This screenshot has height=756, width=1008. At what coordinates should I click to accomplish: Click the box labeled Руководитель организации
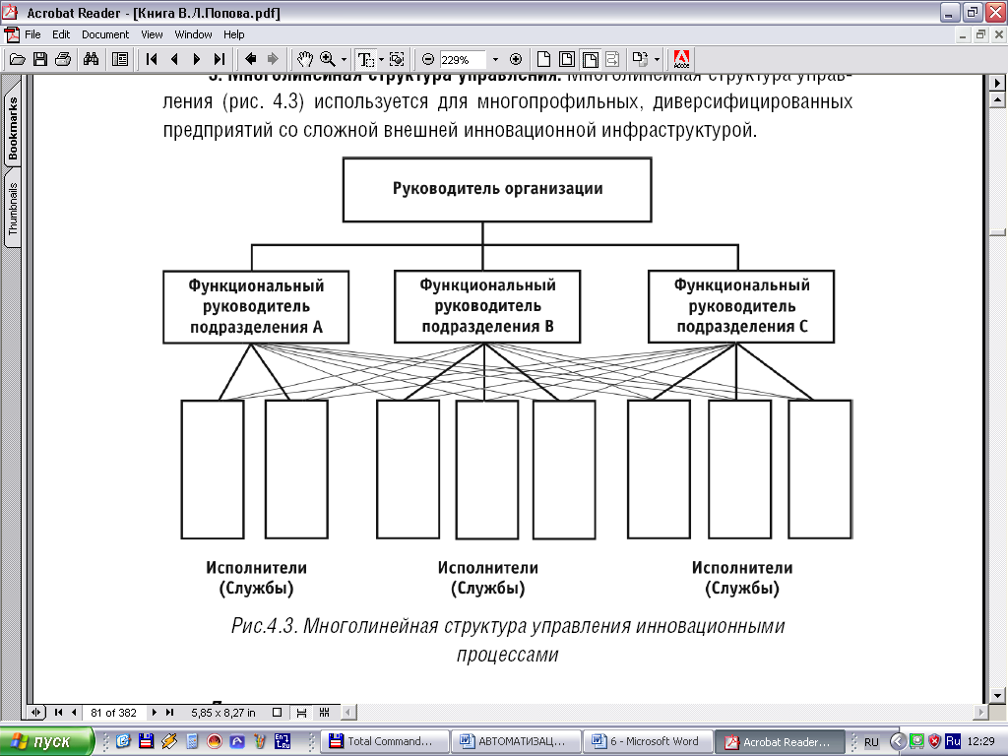[x=497, y=188]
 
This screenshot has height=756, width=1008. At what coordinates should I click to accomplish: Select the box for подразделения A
[x=256, y=306]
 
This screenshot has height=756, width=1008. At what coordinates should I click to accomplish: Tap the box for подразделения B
[x=487, y=306]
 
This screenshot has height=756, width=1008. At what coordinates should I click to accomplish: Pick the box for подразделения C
[x=741, y=306]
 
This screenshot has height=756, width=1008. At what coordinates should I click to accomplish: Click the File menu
[x=32, y=34]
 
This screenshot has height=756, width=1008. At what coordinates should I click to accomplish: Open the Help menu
[x=233, y=34]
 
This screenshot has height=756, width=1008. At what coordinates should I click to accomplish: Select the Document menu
[x=105, y=34]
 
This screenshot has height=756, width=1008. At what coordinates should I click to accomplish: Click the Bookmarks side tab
[x=14, y=129]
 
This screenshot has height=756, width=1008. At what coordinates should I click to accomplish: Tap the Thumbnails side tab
[x=14, y=208]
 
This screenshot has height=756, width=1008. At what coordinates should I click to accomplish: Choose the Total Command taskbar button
[x=382, y=741]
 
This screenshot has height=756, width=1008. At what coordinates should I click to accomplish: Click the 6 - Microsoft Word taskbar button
[x=646, y=741]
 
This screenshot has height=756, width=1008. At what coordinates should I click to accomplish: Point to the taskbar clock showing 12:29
[x=982, y=741]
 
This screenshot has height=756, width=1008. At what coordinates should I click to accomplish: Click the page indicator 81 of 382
[x=113, y=712]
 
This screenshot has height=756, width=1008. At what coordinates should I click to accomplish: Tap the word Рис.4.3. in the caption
[x=264, y=626]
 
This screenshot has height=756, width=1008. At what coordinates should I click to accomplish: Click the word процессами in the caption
[x=508, y=654]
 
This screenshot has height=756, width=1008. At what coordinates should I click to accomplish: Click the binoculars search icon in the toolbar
[x=91, y=59]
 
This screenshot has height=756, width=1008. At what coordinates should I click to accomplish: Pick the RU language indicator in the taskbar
[x=871, y=741]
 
